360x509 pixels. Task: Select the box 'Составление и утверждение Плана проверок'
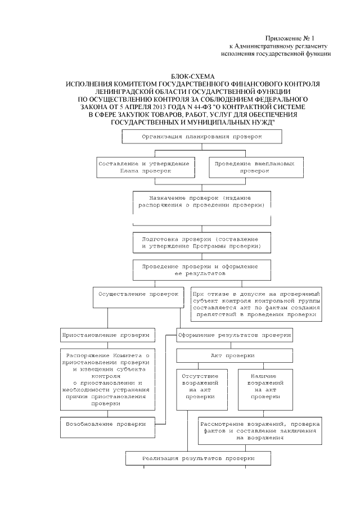click(x=145, y=166)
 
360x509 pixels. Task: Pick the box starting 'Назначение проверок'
click(x=202, y=202)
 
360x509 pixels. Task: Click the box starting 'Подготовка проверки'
click(x=202, y=242)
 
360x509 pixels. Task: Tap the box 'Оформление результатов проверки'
click(x=235, y=335)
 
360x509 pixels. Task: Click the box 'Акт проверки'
click(x=235, y=356)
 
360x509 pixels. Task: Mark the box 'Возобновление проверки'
click(x=107, y=424)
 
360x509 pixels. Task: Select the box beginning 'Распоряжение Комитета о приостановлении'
click(x=107, y=380)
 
